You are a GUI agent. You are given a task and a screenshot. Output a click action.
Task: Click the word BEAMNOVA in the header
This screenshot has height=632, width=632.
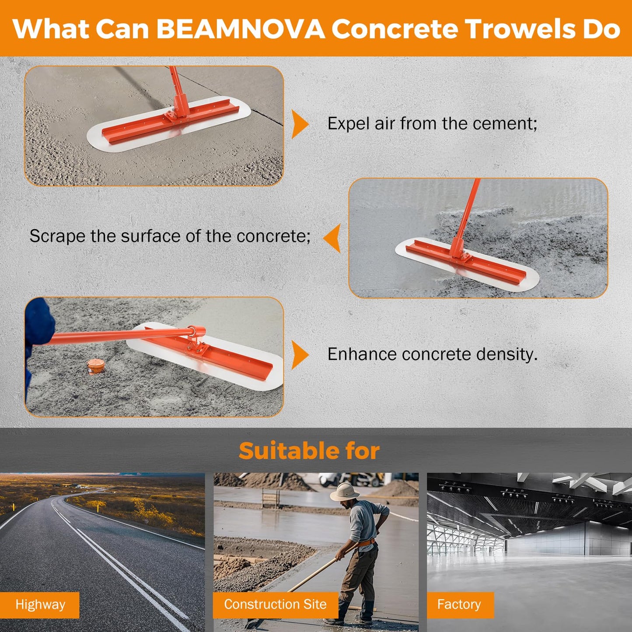click(x=240, y=29)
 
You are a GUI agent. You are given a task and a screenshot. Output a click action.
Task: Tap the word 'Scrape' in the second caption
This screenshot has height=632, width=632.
click(x=57, y=237)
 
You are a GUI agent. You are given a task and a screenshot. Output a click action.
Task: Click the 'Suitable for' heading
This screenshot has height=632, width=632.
click(x=309, y=451)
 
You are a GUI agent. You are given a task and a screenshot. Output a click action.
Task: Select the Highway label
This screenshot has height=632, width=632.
click(x=40, y=604)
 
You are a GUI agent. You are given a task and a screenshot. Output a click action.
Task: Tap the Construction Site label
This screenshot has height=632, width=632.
click(x=275, y=604)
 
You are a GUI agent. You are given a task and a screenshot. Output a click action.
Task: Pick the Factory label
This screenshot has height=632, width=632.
click(x=459, y=604)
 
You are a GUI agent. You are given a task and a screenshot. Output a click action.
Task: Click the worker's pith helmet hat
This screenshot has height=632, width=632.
click(x=344, y=492)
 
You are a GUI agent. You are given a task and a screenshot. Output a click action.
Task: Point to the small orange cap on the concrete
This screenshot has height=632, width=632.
click(x=95, y=366)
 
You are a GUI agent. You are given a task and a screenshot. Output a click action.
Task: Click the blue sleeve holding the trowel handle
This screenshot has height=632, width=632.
click(x=38, y=326)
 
